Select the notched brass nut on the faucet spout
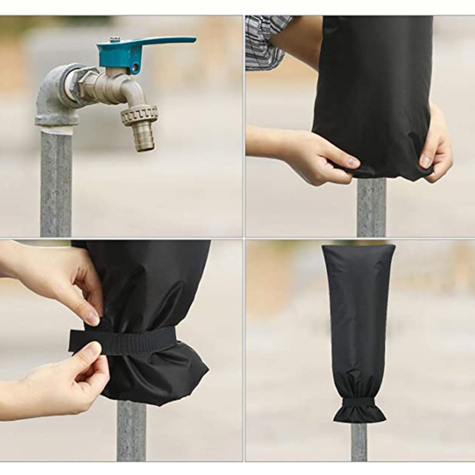pos(140,114)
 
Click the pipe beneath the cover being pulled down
pos(371,208)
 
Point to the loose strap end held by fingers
pos(80,341)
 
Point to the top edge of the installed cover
pos(359,246)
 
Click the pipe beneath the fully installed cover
pos(359,442)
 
